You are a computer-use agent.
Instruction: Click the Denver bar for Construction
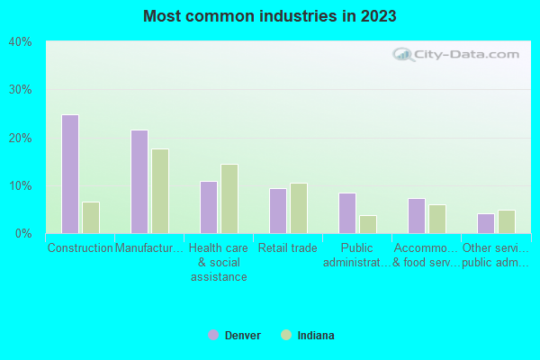coord(70,174)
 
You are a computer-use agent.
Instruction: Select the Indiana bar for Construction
coord(91,218)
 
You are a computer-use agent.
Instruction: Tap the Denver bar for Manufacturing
coord(139,182)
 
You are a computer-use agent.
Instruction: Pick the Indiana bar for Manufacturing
coord(160,191)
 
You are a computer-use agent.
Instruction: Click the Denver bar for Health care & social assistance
coord(209,207)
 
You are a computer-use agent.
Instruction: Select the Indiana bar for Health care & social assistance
coord(229,199)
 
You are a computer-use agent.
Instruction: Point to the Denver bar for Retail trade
coord(278,211)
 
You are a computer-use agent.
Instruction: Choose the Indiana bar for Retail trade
coord(299,208)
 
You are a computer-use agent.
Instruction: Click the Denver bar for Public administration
coord(347,213)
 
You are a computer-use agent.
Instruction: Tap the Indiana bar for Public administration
coord(368,224)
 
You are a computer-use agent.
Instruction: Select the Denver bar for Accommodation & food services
coord(417,216)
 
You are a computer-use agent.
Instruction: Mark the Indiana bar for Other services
coord(507,221)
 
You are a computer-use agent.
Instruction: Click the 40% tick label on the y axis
coord(21,42)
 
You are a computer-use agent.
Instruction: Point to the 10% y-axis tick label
coord(21,186)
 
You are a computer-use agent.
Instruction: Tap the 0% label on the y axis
coord(23,234)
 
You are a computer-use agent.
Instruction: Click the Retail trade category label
coord(288,248)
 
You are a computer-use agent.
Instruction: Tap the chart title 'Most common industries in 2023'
coord(270,16)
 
